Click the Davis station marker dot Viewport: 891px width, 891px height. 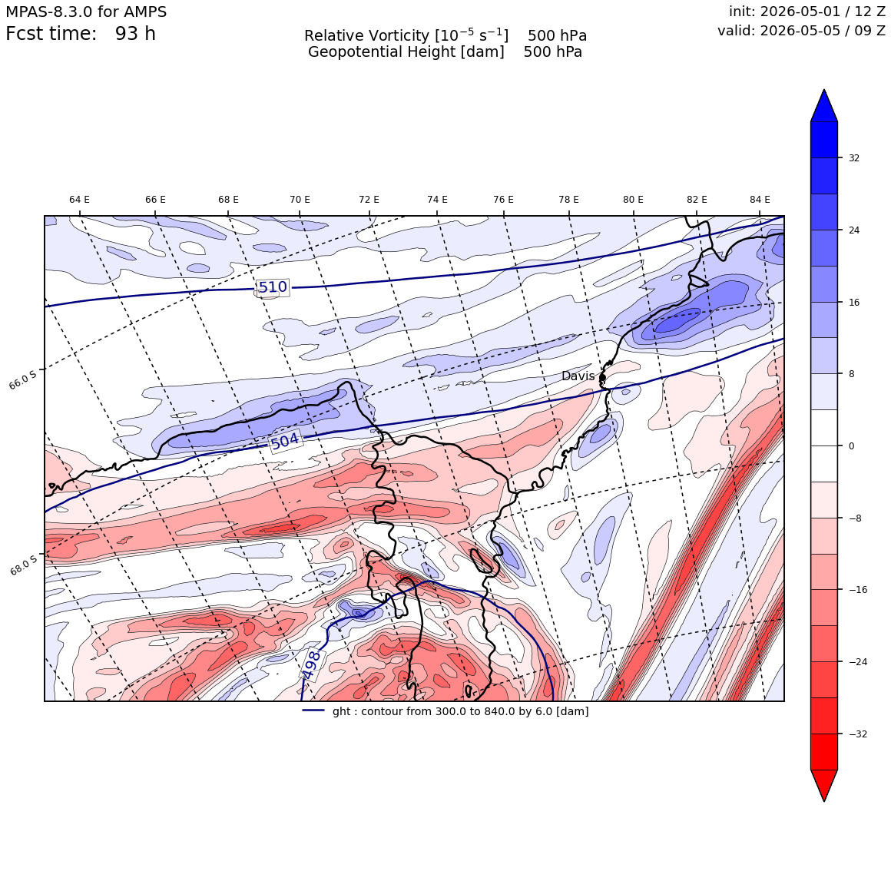(x=602, y=377)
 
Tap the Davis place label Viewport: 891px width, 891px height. (x=578, y=376)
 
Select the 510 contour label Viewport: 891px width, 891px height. (x=273, y=287)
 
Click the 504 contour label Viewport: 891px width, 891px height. (x=285, y=441)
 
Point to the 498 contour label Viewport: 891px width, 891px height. (x=311, y=665)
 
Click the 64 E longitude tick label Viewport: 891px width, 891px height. (x=80, y=200)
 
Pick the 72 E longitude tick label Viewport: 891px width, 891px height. (x=369, y=200)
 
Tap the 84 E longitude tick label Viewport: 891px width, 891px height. (x=760, y=200)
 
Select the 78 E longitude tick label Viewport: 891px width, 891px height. (x=569, y=200)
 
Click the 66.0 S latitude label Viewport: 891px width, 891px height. (x=23, y=379)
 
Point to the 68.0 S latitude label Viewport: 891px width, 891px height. (x=24, y=565)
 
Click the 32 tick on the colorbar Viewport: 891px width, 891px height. (x=854, y=158)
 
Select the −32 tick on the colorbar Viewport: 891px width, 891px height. (x=858, y=734)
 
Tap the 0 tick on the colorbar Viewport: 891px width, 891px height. (x=851, y=446)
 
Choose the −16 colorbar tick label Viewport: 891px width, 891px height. (x=858, y=590)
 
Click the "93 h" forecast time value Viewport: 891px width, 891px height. (x=135, y=34)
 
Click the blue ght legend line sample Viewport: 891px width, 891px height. (x=313, y=710)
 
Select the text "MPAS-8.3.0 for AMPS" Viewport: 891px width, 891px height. (x=86, y=12)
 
